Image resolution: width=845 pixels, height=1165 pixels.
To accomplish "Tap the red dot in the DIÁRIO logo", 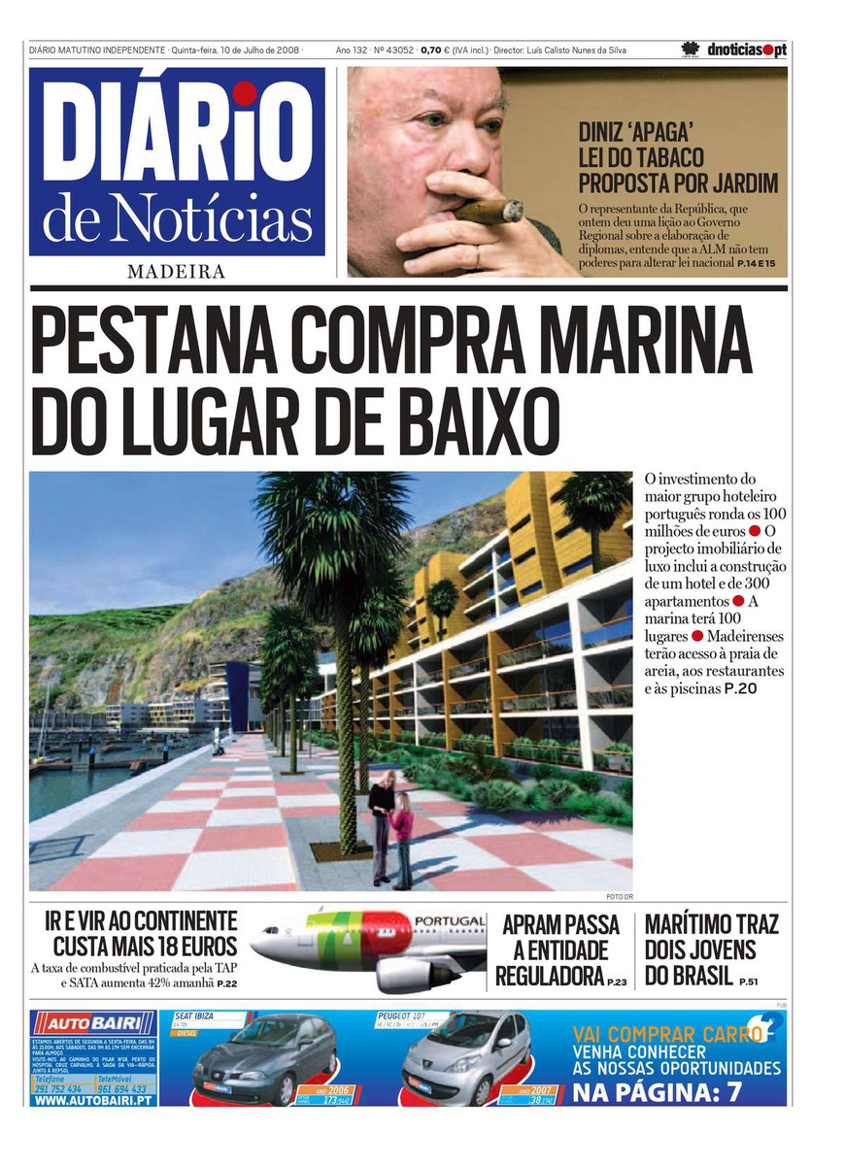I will [245, 93].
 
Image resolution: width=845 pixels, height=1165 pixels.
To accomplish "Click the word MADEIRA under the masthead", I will [176, 272].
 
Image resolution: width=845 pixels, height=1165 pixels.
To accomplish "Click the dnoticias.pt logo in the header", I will [746, 50].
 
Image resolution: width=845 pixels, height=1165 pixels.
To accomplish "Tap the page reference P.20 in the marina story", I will [739, 689].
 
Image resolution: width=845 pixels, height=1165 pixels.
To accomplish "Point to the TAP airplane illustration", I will [369, 948].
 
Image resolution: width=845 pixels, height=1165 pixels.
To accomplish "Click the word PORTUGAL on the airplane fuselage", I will [450, 920].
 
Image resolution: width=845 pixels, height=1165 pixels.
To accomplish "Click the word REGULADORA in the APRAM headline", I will [550, 977].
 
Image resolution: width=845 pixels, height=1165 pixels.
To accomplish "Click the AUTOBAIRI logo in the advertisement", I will [93, 1023].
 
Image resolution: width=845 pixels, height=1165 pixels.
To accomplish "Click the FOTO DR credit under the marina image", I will [618, 896].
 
